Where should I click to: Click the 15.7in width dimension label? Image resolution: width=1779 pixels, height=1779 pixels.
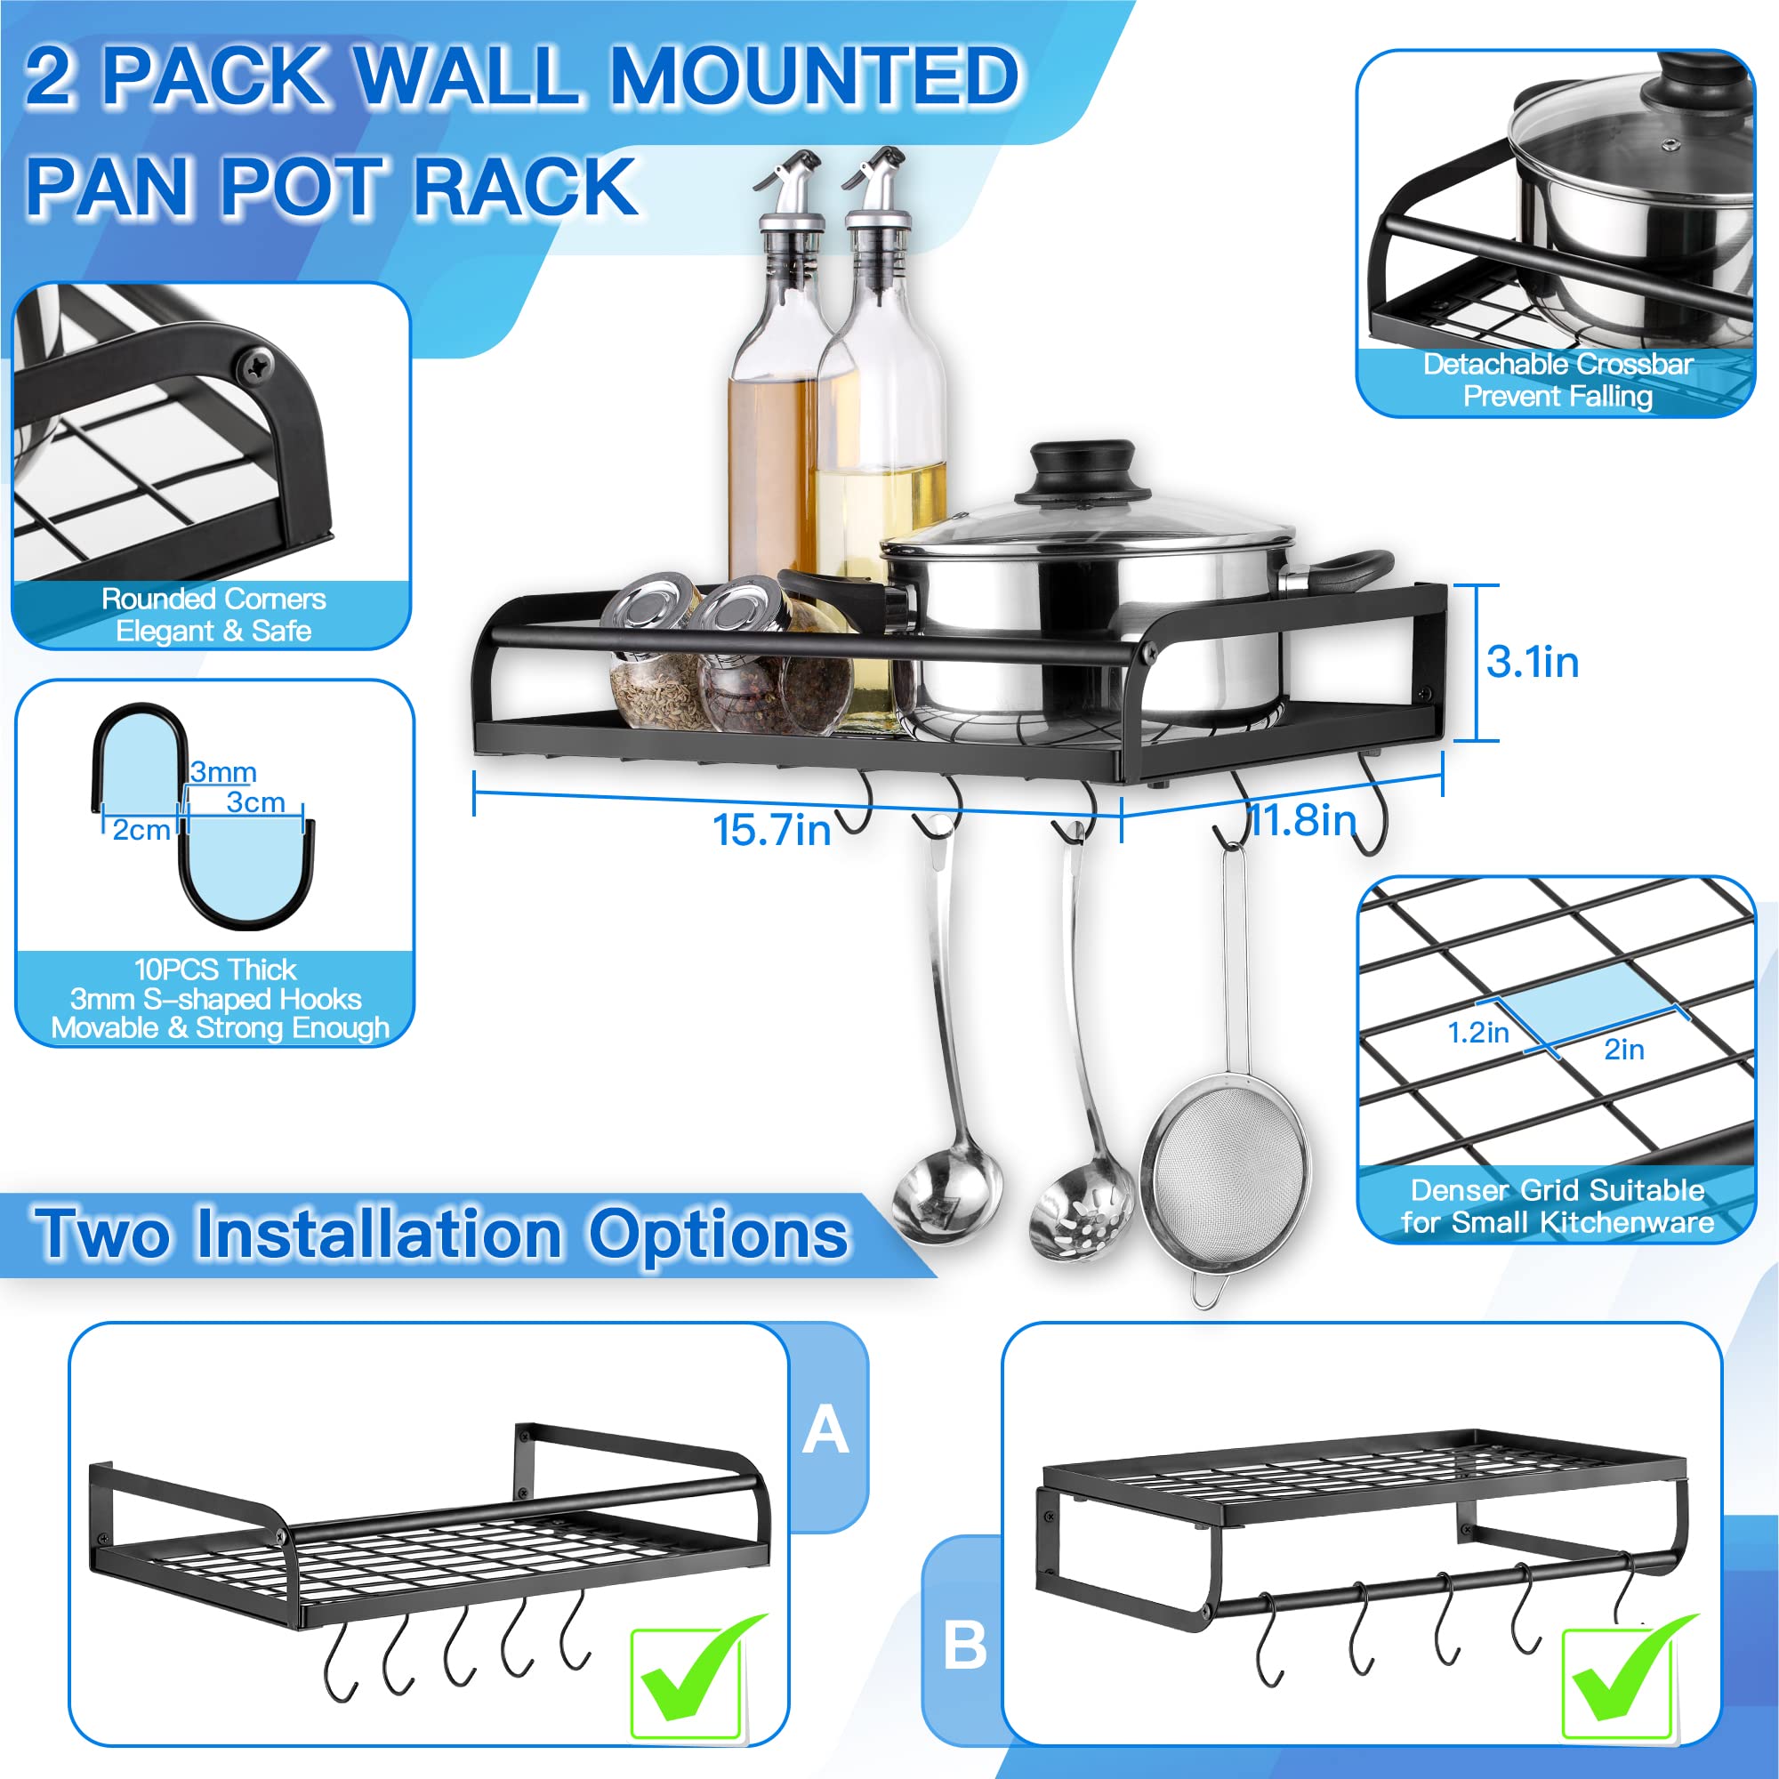[x=771, y=830]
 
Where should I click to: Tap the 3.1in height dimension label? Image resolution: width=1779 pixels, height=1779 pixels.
[x=1533, y=663]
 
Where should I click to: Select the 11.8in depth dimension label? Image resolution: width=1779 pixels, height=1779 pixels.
[x=1302, y=818]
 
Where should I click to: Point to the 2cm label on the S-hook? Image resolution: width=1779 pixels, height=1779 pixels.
[x=141, y=830]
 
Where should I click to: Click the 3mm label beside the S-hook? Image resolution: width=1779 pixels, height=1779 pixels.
[x=223, y=771]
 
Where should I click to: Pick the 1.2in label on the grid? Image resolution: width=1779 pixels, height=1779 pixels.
[x=1477, y=1032]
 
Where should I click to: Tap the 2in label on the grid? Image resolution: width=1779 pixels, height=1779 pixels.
[x=1623, y=1049]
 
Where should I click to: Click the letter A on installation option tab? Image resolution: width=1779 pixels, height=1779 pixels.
[x=825, y=1430]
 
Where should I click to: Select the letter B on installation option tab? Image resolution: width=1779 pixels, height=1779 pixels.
[x=964, y=1645]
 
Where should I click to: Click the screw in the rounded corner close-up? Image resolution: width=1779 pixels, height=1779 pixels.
[x=255, y=367]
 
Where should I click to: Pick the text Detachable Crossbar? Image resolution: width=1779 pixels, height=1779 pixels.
[x=1558, y=364]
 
